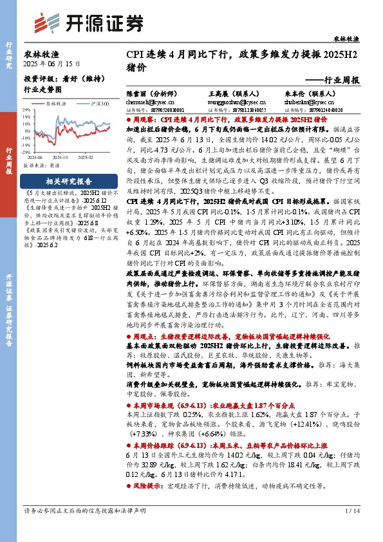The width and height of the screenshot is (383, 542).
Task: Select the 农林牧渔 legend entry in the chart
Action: [x=57, y=102]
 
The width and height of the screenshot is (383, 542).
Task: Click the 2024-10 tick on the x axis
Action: [x=62, y=156]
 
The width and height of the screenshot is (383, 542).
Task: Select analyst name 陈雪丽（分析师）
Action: [x=145, y=93]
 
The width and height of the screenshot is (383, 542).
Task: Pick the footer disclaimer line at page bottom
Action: [x=89, y=528]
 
